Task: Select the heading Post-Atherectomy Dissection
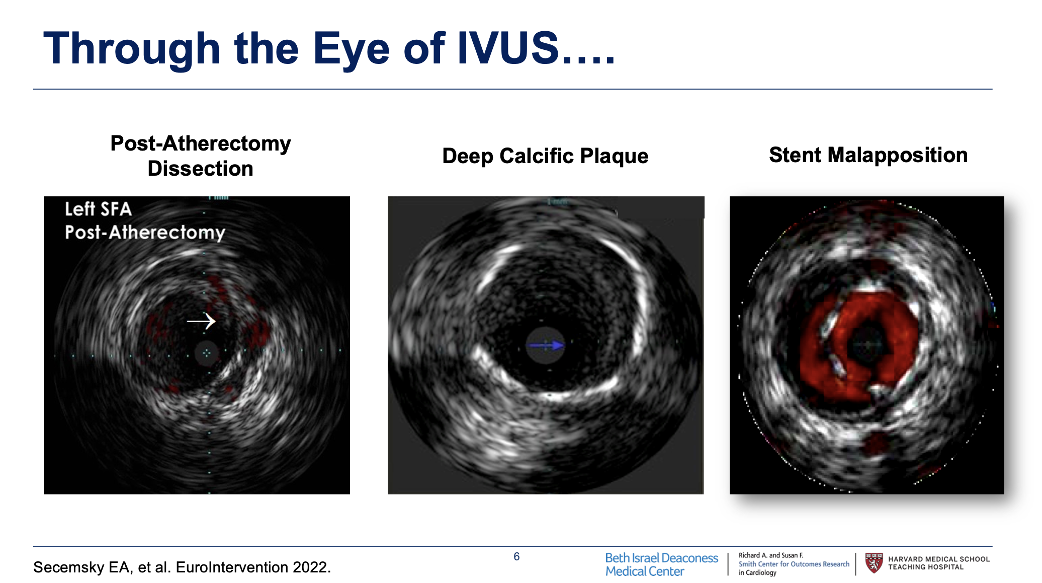200,156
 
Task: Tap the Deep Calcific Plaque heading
545,156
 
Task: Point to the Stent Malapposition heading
868,155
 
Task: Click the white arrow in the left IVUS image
201,321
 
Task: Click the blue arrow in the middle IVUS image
547,345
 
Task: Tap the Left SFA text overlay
98,209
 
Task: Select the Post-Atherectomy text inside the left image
145,233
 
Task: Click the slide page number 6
516,556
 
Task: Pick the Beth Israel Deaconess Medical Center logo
661,564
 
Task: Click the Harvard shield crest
874,563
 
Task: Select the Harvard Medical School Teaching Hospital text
938,563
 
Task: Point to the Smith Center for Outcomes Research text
793,564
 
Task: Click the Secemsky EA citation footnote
182,567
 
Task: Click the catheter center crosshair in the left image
206,353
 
